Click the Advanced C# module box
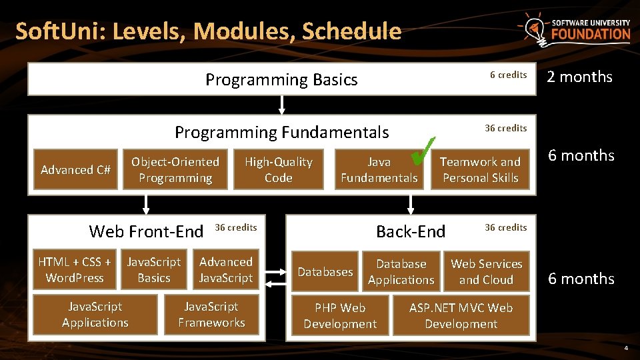pyautogui.click(x=75, y=170)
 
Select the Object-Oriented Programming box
pyautogui.click(x=175, y=170)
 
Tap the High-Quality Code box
pyautogui.click(x=278, y=170)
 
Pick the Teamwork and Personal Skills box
pyautogui.click(x=480, y=170)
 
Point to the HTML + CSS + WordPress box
pyautogui.click(x=74, y=270)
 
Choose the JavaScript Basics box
pyautogui.click(x=154, y=270)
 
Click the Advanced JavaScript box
pyautogui.click(x=226, y=270)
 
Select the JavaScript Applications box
pyautogui.click(x=95, y=315)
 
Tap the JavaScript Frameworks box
pyautogui.click(x=211, y=315)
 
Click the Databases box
pyautogui.click(x=325, y=272)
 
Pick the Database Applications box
pyautogui.click(x=401, y=272)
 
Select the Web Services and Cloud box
pyautogui.click(x=486, y=272)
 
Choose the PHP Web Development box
pyautogui.click(x=340, y=316)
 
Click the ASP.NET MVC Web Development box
pyautogui.click(x=461, y=316)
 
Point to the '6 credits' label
pyautogui.click(x=508, y=75)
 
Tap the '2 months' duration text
pyautogui.click(x=579, y=77)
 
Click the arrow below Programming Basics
pyautogui.click(x=282, y=105)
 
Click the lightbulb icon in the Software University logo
pyautogui.click(x=533, y=29)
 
